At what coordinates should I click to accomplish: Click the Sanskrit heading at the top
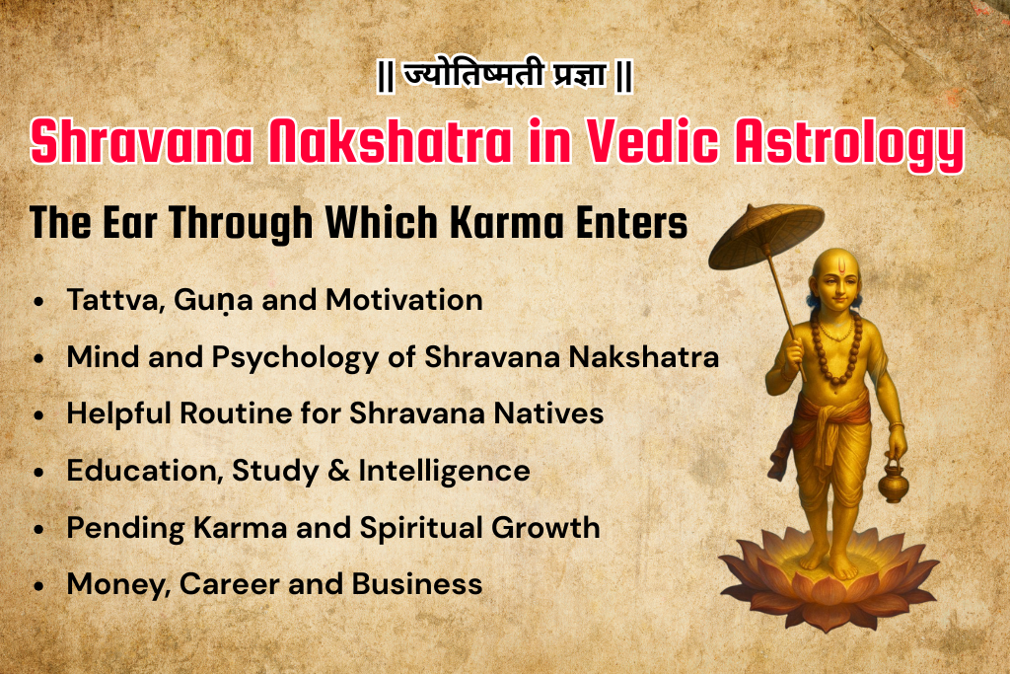click(504, 76)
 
